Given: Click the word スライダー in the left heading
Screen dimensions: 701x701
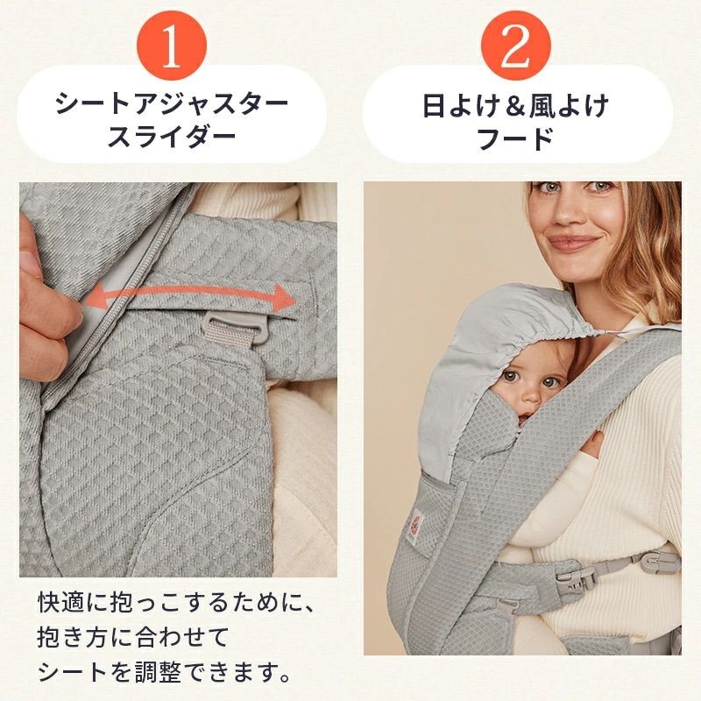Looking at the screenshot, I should tap(173, 138).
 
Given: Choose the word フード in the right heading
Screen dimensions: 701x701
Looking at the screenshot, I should tap(515, 138).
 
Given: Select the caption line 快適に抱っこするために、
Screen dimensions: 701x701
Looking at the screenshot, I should tap(175, 604).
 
